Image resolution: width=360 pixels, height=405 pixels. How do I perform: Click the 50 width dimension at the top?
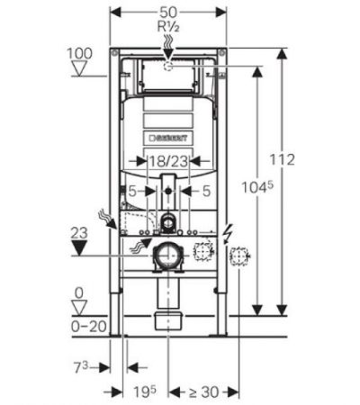tap(168, 12)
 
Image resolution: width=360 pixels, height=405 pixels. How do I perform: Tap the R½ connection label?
tap(168, 27)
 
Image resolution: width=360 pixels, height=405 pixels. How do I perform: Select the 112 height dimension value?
tap(282, 159)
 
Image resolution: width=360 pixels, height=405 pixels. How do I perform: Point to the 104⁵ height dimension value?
tap(257, 187)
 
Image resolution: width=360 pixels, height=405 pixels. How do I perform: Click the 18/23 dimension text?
tap(168, 161)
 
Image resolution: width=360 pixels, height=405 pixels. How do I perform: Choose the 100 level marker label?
tap(79, 54)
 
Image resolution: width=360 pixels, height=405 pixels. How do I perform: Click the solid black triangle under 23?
tap(79, 248)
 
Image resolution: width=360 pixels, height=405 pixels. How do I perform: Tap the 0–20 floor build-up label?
tap(89, 327)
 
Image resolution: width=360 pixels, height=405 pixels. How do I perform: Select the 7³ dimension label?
tap(81, 367)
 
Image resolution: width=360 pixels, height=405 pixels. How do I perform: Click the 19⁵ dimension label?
tap(145, 391)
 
